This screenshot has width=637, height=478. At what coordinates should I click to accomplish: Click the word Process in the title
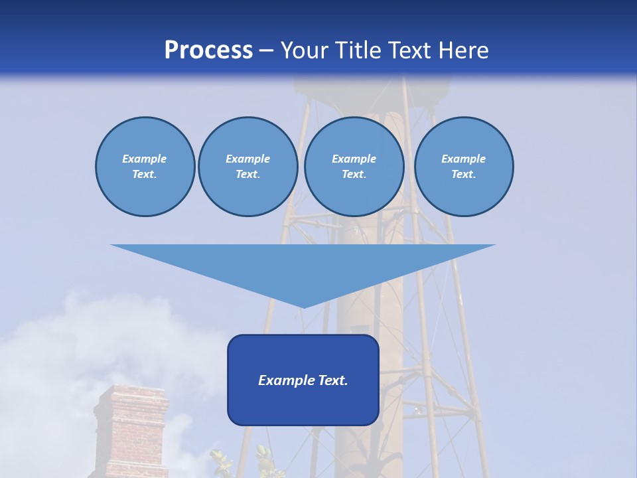pos(208,50)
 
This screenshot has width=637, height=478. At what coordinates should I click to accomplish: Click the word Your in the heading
pos(306,50)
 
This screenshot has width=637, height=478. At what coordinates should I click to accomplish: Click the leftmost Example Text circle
pos(145,167)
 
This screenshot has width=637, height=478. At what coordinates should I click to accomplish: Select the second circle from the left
pos(248,167)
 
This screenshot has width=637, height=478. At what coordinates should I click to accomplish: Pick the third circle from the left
pos(354,167)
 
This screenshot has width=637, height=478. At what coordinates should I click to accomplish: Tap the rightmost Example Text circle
pos(463,167)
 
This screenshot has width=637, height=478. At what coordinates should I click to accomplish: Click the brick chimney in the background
pos(131,432)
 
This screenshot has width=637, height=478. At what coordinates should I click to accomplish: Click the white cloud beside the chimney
pos(46,372)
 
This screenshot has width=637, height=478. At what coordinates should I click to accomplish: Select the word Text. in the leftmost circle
pos(145,175)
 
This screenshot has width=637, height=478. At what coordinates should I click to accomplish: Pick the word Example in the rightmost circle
pos(463,159)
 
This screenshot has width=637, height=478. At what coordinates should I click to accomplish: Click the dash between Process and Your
pos(267,50)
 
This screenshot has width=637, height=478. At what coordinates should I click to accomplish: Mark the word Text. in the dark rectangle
pos(332,380)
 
